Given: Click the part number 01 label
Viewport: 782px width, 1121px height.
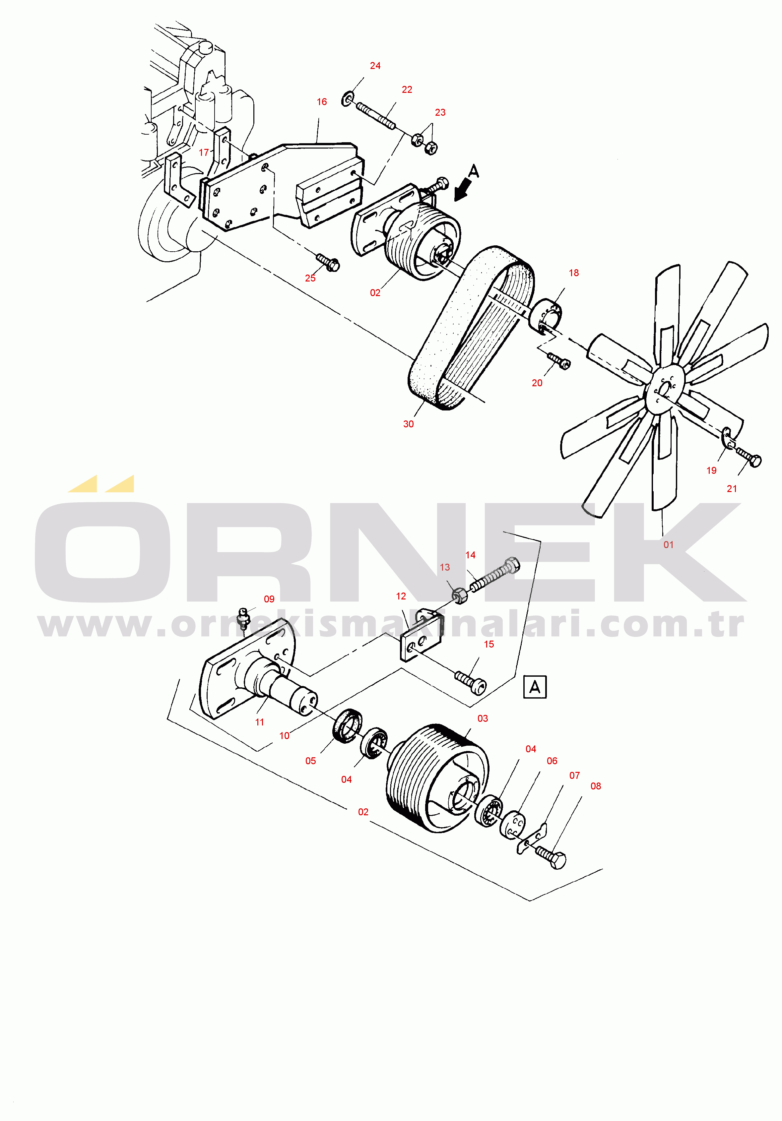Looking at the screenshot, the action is click(668, 545).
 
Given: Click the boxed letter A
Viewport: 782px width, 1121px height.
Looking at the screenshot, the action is click(535, 687).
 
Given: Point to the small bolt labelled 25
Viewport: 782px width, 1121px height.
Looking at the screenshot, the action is click(328, 263).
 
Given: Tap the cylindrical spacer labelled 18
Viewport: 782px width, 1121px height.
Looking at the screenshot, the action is click(546, 317).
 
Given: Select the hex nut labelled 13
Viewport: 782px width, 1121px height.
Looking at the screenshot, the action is click(459, 596).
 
